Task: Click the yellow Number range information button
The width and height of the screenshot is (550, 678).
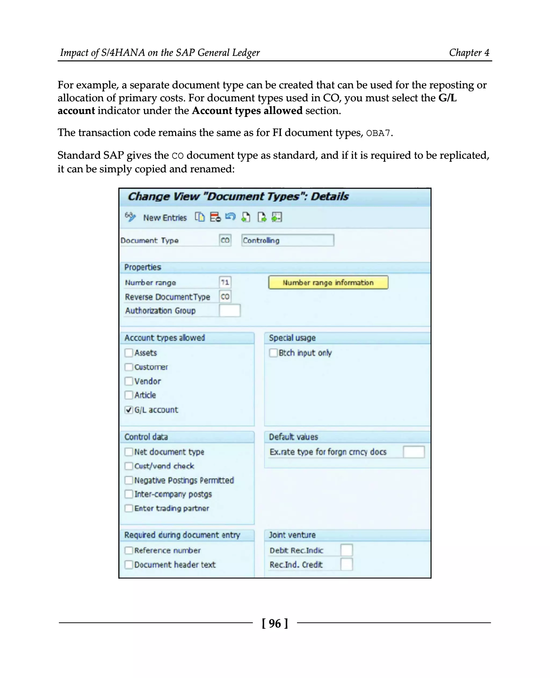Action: [328, 282]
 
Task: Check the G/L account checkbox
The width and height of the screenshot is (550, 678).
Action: [129, 410]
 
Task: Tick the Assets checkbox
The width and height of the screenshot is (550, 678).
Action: [129, 353]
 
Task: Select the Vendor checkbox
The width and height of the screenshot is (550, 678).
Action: [129, 381]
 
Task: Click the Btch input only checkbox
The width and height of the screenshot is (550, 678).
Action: [273, 353]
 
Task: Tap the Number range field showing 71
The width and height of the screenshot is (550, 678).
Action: [225, 282]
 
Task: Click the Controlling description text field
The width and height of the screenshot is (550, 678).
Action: [287, 240]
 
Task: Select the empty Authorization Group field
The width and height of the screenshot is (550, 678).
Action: [230, 310]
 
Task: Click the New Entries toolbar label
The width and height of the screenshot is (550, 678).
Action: [165, 218]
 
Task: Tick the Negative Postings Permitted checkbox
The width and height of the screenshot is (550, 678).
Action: [129, 480]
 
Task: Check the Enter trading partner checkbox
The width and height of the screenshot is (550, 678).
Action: [129, 508]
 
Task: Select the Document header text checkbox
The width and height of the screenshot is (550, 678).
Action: [129, 565]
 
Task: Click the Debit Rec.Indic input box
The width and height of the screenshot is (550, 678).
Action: [346, 550]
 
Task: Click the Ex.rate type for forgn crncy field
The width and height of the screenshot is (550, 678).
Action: [414, 452]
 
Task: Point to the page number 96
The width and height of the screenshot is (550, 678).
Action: [275, 623]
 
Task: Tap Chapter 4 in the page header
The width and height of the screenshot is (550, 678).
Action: [469, 52]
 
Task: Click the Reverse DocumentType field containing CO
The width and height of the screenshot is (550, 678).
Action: [225, 296]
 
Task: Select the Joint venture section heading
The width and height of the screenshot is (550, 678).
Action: [292, 535]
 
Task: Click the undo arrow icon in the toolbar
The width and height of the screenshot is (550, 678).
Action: [230, 217]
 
